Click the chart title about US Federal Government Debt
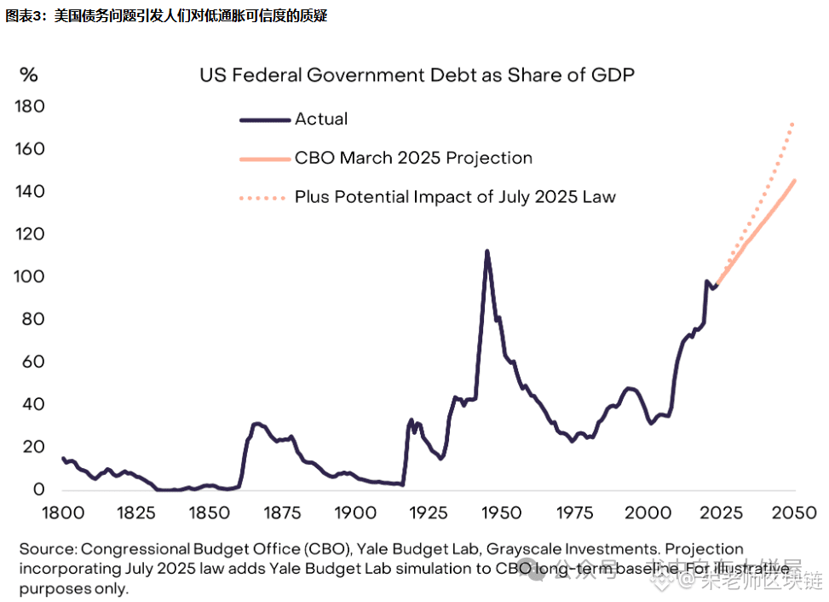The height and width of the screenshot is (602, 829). point(417,75)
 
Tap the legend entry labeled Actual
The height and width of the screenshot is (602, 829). point(321,119)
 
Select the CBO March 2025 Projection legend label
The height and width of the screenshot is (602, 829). point(413,158)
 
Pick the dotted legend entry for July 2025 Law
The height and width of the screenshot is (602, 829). point(455,197)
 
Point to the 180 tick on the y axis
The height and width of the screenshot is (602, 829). point(29,107)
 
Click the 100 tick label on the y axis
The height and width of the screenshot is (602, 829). point(29,277)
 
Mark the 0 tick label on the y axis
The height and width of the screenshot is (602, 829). point(37,490)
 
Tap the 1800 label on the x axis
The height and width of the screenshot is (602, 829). point(63,512)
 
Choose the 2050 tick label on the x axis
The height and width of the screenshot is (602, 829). point(794,512)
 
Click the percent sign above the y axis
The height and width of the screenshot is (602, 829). point(29,75)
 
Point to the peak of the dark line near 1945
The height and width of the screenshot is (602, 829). point(486,252)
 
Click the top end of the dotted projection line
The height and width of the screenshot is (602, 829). point(793,124)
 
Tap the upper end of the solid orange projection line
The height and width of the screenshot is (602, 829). point(794,181)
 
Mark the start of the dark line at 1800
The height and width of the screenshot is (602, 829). point(63,458)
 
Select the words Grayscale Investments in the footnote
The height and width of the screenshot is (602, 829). point(572,549)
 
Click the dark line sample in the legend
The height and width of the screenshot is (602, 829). point(265,120)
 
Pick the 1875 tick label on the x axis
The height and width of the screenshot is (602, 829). point(282,512)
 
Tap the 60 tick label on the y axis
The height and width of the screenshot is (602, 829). point(32,362)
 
